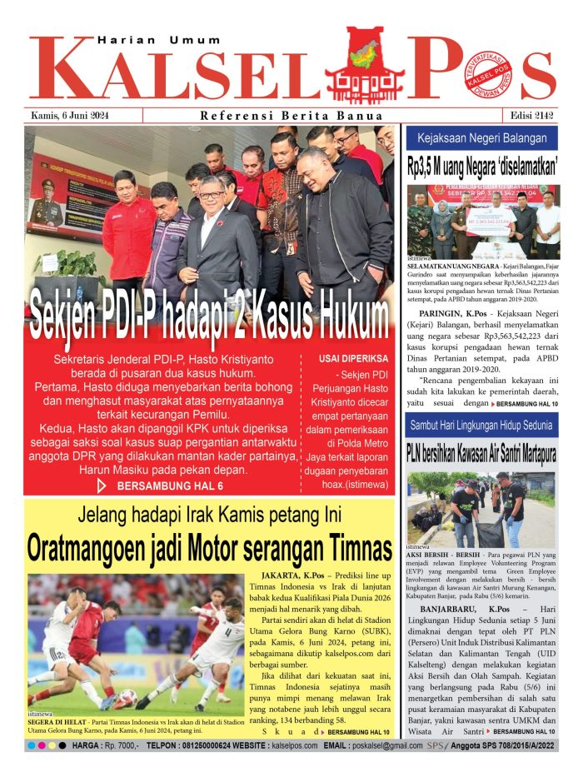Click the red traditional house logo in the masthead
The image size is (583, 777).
coord(365,64)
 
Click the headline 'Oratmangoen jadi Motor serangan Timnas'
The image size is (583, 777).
coord(209,550)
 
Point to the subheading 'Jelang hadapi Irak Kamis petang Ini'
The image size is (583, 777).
coord(209,516)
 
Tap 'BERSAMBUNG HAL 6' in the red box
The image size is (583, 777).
coord(166,486)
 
